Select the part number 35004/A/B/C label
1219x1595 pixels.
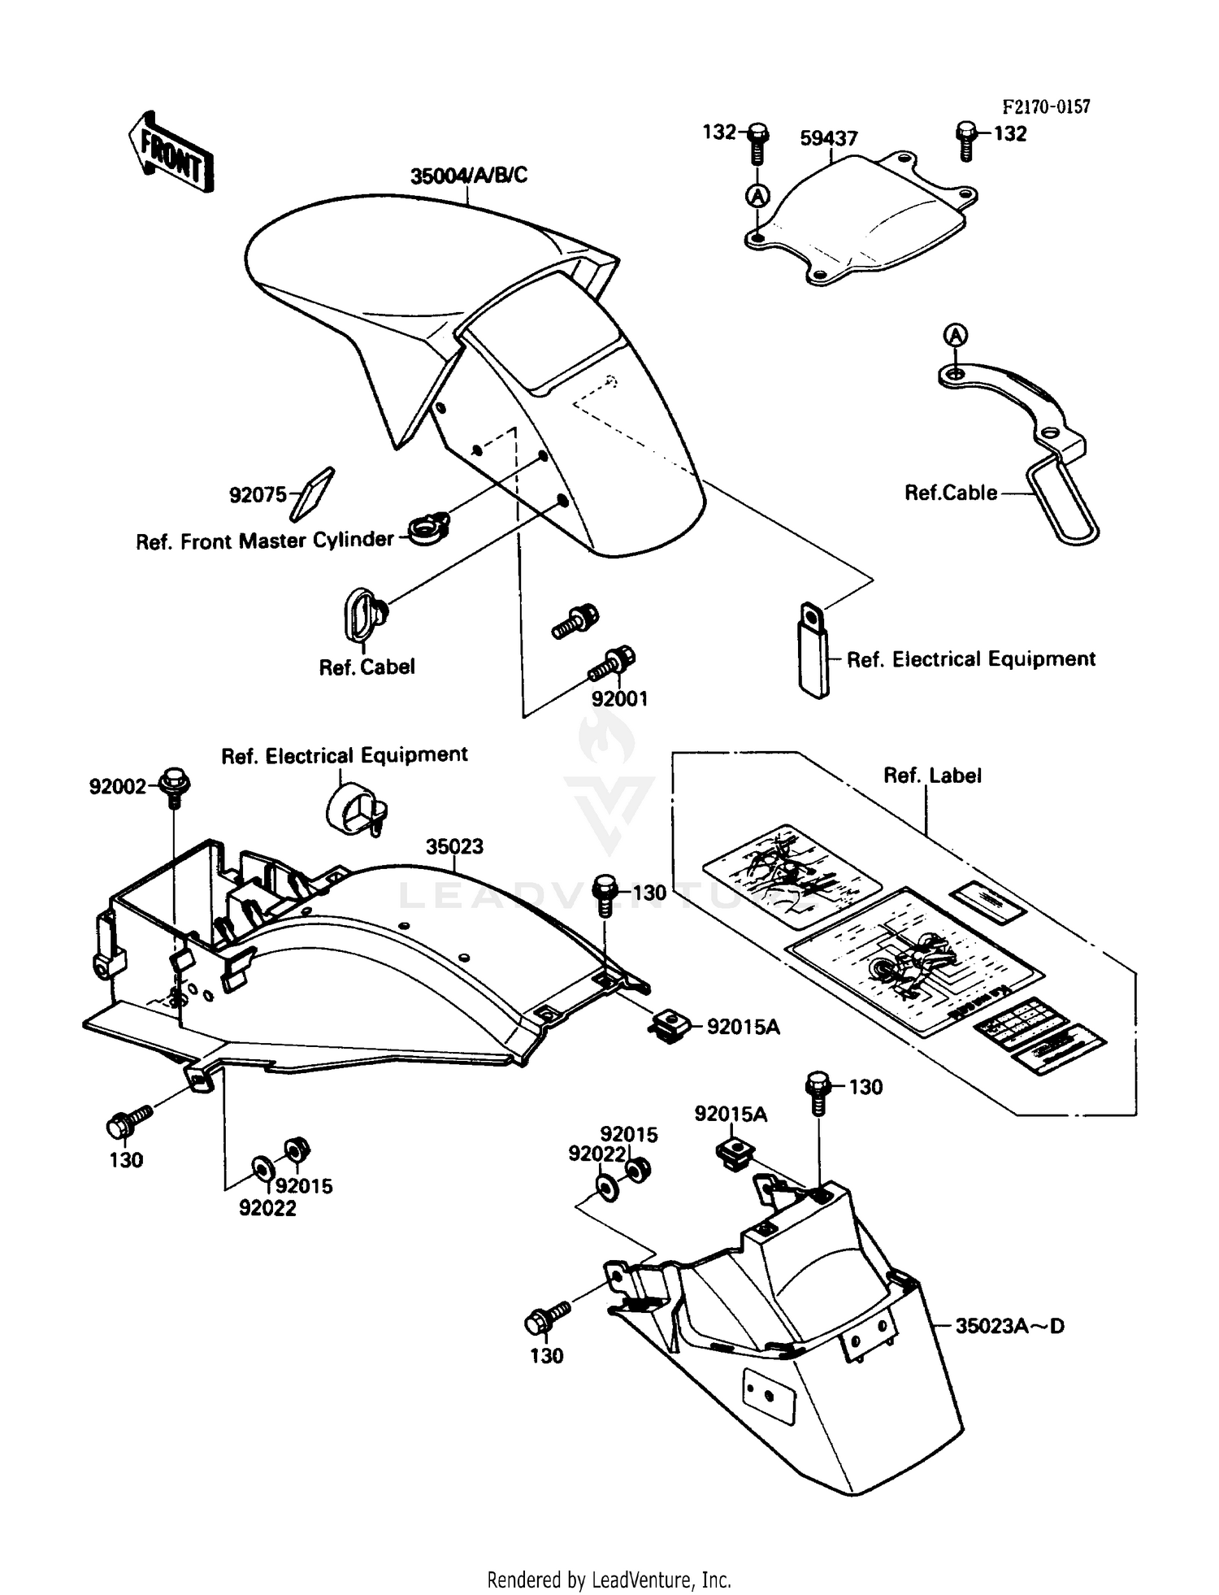[x=468, y=175]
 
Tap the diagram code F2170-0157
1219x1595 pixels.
[x=1045, y=106]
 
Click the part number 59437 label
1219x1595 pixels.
[x=828, y=138]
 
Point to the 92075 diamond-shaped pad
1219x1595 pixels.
[x=311, y=493]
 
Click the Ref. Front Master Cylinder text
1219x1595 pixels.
[x=264, y=541]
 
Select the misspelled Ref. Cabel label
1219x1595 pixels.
[x=367, y=667]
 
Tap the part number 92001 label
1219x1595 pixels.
[x=619, y=699]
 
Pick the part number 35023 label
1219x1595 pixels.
[x=454, y=846]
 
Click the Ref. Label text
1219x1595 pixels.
[x=932, y=776]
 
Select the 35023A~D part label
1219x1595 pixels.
[x=1009, y=1326]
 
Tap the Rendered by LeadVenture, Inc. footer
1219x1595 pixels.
[x=609, y=1580]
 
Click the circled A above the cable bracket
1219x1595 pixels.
[x=957, y=335]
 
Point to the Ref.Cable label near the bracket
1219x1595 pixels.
[x=951, y=493]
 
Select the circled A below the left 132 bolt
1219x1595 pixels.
[x=757, y=195]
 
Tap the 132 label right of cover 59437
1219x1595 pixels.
[x=1010, y=134]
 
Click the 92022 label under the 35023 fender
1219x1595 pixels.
[x=267, y=1208]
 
